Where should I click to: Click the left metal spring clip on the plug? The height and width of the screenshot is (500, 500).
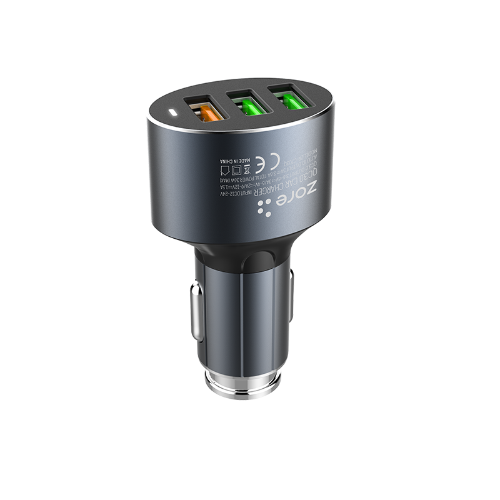196,311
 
